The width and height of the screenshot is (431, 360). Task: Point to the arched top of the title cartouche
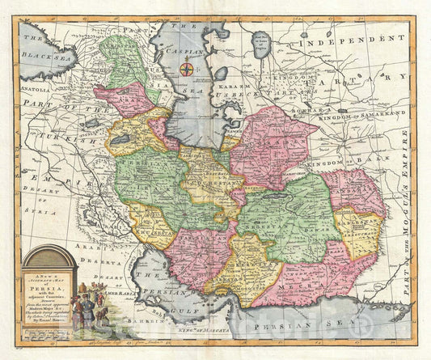click(x=49, y=252)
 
